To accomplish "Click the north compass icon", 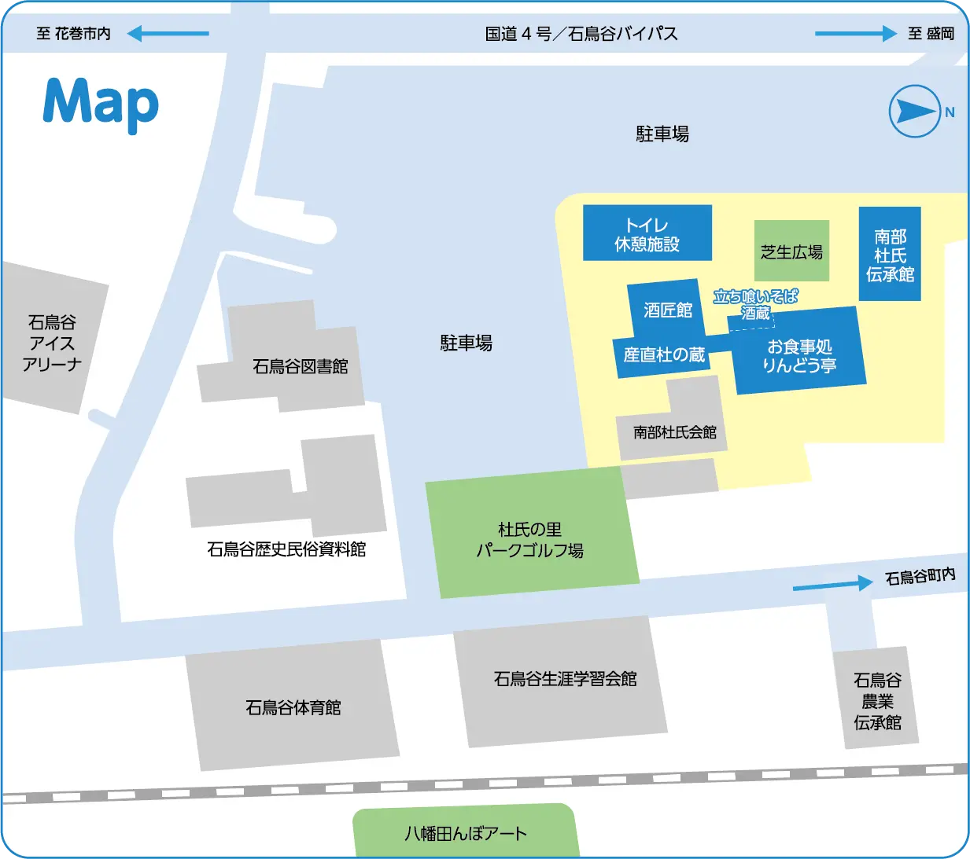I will click(x=915, y=111).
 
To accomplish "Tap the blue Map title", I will click(x=101, y=103).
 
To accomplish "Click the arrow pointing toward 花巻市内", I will click(x=168, y=34).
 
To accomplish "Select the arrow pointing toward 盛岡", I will click(x=856, y=34).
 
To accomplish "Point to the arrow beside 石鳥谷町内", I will click(x=832, y=584).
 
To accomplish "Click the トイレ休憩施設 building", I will click(x=647, y=233).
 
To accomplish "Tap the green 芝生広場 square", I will click(x=791, y=251).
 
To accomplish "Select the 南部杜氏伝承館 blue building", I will click(x=890, y=255).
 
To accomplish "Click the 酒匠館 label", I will click(x=668, y=310).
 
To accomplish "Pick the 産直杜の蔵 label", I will click(x=664, y=355).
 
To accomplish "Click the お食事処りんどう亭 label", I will click(x=799, y=356).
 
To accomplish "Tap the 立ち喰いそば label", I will click(x=755, y=296).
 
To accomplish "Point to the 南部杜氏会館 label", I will click(x=674, y=432).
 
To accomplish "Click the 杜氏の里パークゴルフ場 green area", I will click(x=531, y=538).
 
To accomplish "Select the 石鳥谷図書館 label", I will click(x=300, y=367).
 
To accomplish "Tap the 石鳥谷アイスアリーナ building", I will click(x=52, y=343).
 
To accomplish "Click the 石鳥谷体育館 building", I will click(x=293, y=707).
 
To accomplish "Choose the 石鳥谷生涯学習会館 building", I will click(x=564, y=679).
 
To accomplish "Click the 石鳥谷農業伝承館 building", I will click(x=877, y=700).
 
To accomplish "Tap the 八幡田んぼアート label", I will click(x=465, y=833).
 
